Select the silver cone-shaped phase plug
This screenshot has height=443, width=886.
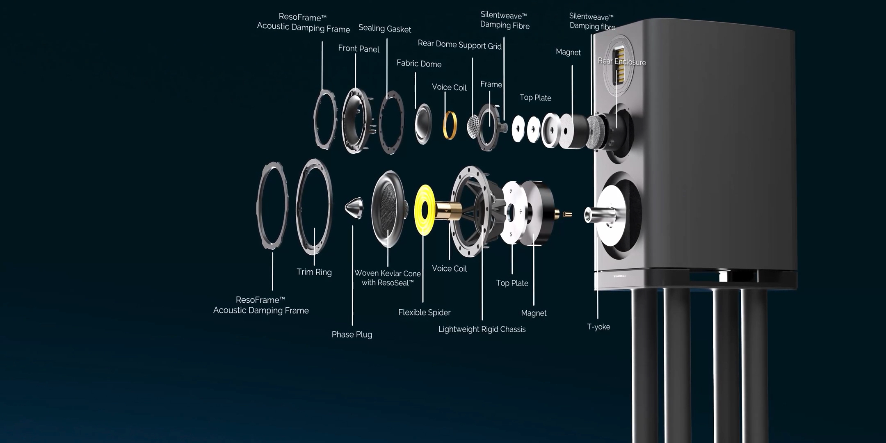coord(354,208)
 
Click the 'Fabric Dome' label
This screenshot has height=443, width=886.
coord(419,64)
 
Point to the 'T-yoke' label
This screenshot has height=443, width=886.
coord(598,327)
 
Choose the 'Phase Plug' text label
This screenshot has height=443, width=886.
coord(352,335)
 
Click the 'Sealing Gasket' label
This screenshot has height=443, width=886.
coord(384,29)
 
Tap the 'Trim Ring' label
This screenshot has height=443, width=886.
coord(314,272)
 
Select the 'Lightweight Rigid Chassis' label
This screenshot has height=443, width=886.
coord(482,329)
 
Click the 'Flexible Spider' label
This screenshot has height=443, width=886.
coord(424,313)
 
